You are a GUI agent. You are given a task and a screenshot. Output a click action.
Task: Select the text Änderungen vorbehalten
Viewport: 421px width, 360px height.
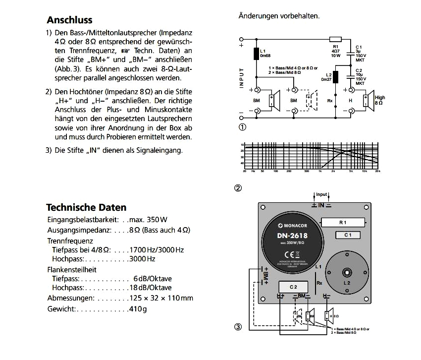point(279,16)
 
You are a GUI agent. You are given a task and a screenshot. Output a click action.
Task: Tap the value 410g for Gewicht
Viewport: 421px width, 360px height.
point(138,309)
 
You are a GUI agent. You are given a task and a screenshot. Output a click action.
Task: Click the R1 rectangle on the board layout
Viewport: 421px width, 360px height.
point(343,223)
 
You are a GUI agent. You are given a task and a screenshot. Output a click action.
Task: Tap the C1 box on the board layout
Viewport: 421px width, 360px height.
point(348,235)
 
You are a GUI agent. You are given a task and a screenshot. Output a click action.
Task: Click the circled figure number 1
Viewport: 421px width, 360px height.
point(243,127)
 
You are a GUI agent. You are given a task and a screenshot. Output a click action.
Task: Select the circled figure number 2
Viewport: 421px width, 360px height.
point(238,188)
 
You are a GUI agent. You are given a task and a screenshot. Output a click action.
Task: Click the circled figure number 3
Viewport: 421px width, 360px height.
point(238,327)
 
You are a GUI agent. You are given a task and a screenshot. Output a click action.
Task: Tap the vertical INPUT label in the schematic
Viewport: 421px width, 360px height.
point(241,78)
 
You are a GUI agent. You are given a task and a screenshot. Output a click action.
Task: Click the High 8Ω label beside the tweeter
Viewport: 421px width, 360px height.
point(380,101)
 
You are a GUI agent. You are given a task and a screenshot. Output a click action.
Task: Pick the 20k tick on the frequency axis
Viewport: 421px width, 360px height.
point(377,171)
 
